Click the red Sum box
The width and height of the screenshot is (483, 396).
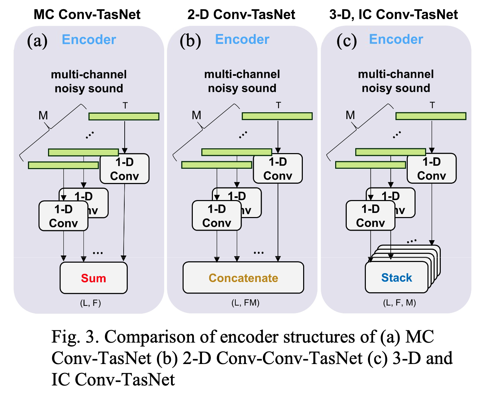point(93,278)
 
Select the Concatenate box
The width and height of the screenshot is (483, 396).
point(243,278)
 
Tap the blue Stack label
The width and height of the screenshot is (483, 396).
point(396,278)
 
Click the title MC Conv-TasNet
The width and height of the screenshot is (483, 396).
point(87,15)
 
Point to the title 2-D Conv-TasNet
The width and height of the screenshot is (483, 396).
point(241,15)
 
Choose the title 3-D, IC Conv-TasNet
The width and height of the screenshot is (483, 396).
point(393,15)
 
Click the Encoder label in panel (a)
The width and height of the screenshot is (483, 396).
point(89,40)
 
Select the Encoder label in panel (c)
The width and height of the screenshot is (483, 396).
point(396,39)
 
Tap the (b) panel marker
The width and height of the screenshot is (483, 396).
point(190,41)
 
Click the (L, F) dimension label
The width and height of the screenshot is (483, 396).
point(90,303)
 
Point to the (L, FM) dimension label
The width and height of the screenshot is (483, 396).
point(245,302)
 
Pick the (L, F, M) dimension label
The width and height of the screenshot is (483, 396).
point(399,302)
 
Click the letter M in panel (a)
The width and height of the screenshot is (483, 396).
point(43,116)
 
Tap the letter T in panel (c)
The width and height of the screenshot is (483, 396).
point(432,105)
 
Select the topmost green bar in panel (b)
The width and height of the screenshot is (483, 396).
point(277,116)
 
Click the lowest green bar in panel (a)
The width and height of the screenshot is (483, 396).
point(63,165)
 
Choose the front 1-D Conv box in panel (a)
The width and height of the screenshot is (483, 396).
point(63,216)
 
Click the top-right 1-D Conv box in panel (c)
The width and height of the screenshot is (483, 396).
point(432,169)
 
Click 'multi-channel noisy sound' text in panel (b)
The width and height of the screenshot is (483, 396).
point(242,81)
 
